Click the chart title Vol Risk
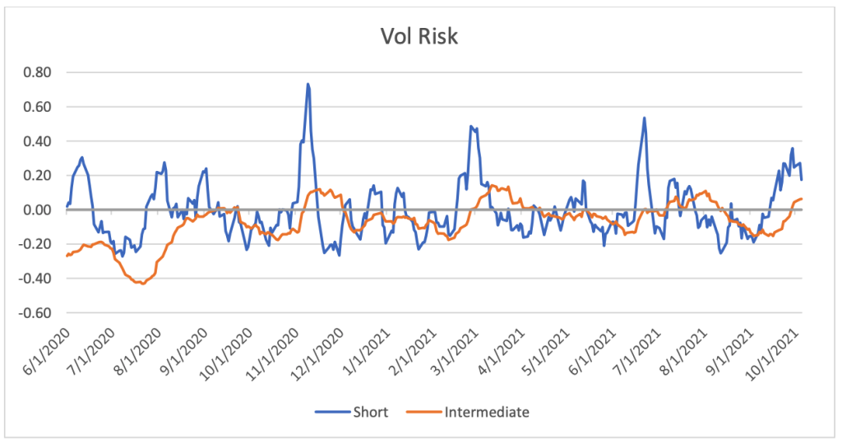point(420,37)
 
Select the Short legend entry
point(356,411)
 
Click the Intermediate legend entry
point(484,411)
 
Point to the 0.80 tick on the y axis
point(37,72)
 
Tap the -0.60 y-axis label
point(35,313)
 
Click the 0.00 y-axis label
point(37,210)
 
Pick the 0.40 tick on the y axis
point(37,141)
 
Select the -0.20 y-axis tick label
point(35,244)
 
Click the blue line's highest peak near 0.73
point(308,84)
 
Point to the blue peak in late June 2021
point(644,118)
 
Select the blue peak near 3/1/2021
point(470,127)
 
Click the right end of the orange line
point(803,199)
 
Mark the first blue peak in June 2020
point(81,157)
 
